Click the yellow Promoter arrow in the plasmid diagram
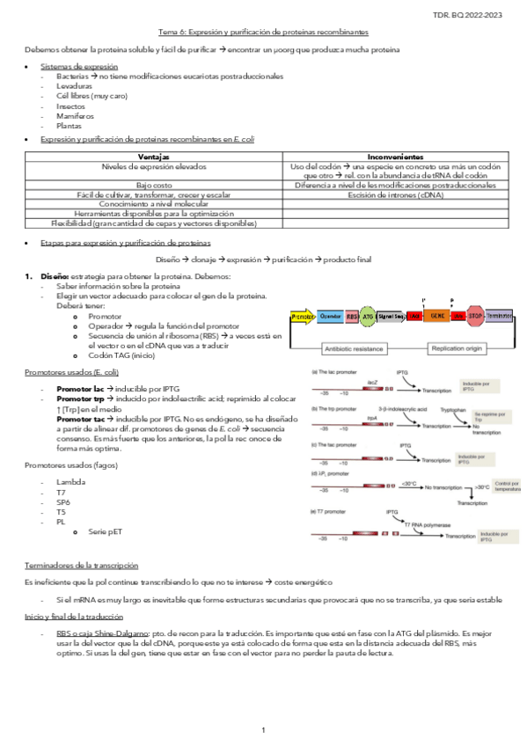coord(302,315)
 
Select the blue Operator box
coord(331,315)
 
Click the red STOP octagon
coord(475,315)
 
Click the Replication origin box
coord(457,348)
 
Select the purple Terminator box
coord(500,315)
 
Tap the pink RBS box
coord(353,315)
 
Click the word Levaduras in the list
coord(74,88)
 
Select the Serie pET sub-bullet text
coord(105,532)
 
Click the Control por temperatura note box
coord(508,486)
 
